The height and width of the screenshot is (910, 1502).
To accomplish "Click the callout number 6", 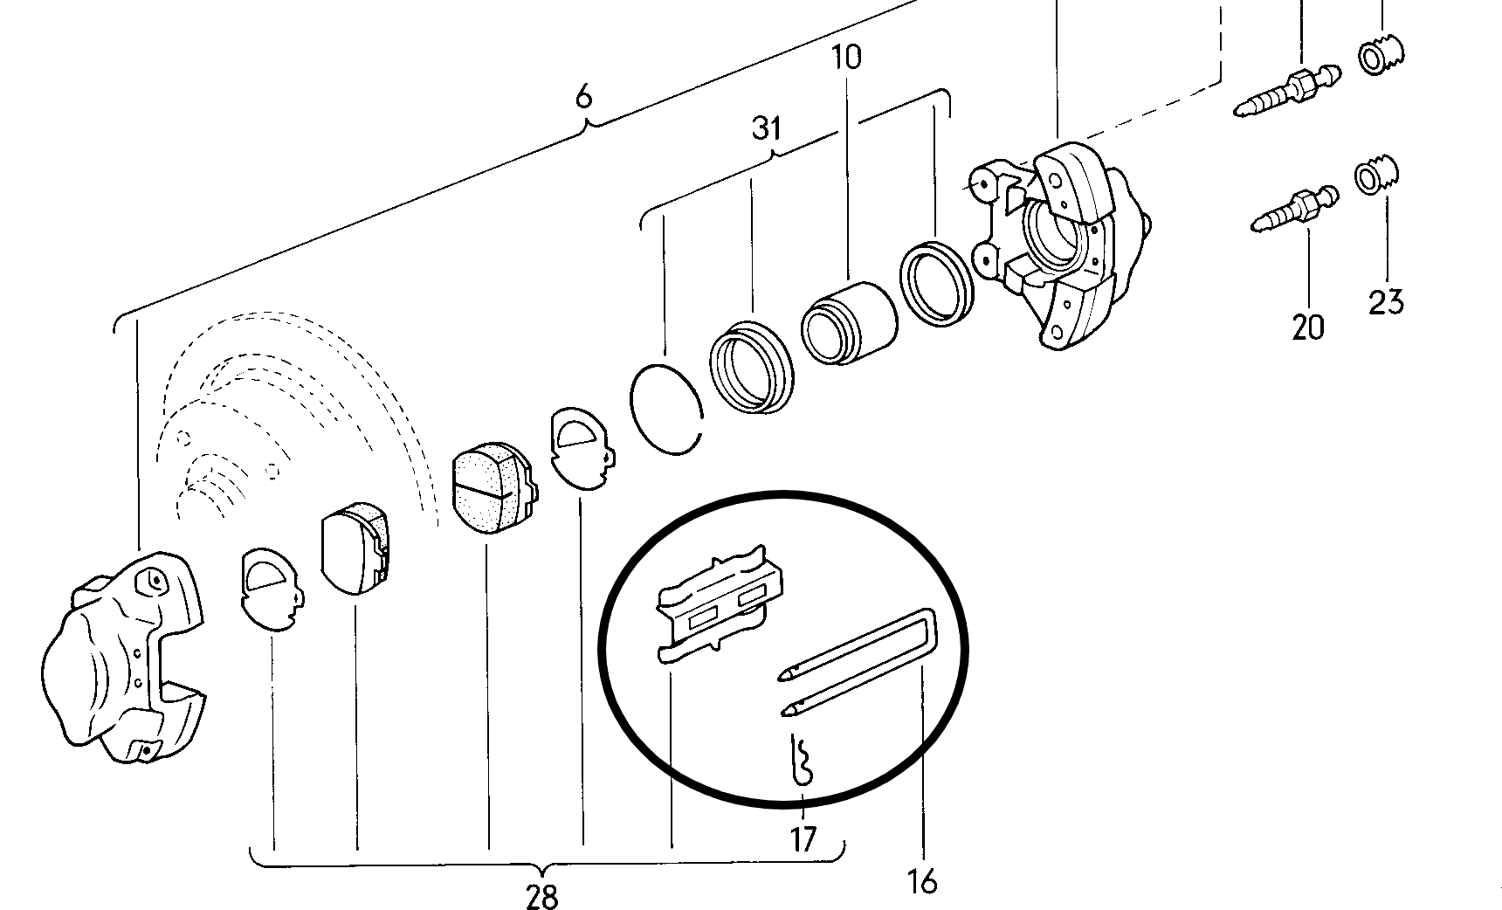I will [x=583, y=94].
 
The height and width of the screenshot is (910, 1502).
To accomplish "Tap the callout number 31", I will [x=766, y=129].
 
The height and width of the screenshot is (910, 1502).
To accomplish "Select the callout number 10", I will [x=846, y=58].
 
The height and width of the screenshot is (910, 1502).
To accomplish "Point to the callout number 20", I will [x=1307, y=327].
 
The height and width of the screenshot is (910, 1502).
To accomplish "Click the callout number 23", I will [x=1386, y=302].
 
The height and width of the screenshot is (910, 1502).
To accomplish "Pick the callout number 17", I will [x=803, y=839].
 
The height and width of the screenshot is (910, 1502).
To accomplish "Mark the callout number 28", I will [x=541, y=896].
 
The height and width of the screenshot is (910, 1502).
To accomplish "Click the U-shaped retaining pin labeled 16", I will [x=859, y=664].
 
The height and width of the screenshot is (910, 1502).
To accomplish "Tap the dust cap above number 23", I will [x=1377, y=175].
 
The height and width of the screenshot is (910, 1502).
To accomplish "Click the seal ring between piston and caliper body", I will [x=937, y=278].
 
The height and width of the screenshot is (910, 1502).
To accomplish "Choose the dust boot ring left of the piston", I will [x=751, y=367].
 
